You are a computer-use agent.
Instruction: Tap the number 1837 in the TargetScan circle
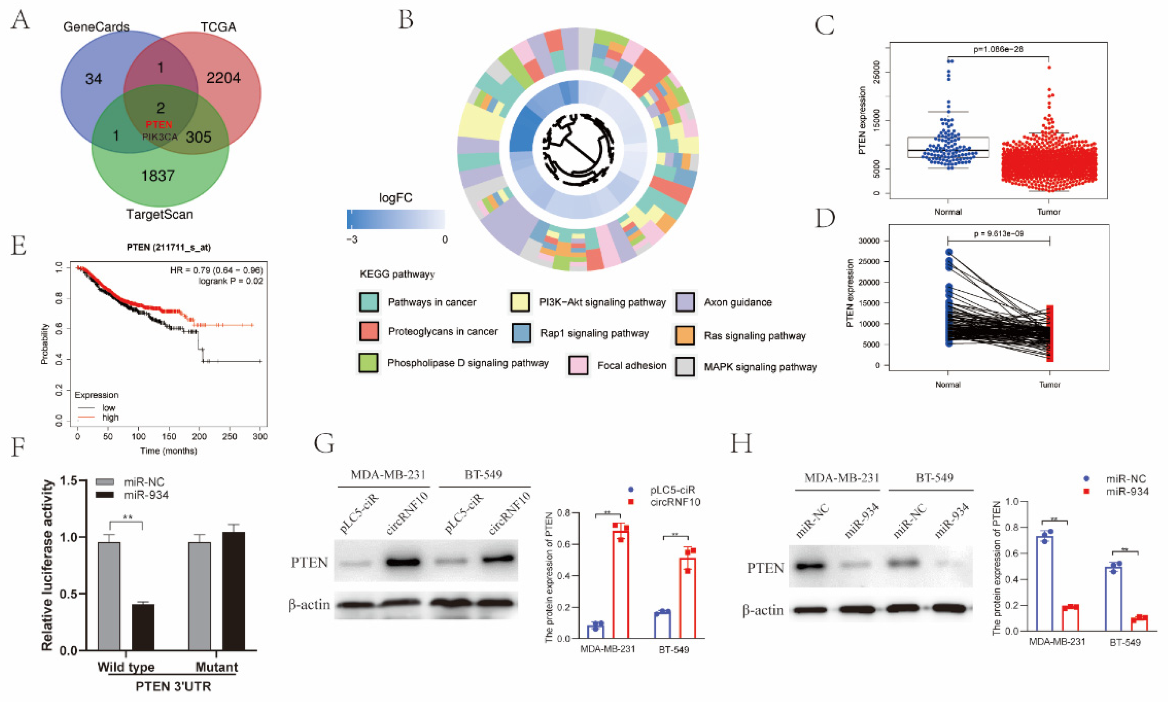[x=158, y=176]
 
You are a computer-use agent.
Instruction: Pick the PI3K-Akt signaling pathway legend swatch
[x=520, y=302]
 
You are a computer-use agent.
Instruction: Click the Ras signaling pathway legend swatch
[x=685, y=335]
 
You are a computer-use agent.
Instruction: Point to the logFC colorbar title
[x=395, y=198]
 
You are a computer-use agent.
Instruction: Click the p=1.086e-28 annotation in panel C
[x=998, y=49]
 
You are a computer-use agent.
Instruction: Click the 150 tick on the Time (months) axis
[x=169, y=436]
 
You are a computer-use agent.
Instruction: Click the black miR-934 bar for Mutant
[x=234, y=591]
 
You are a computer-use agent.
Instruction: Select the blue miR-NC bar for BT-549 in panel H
[x=1113, y=599]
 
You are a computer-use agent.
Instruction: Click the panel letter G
[x=324, y=444]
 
